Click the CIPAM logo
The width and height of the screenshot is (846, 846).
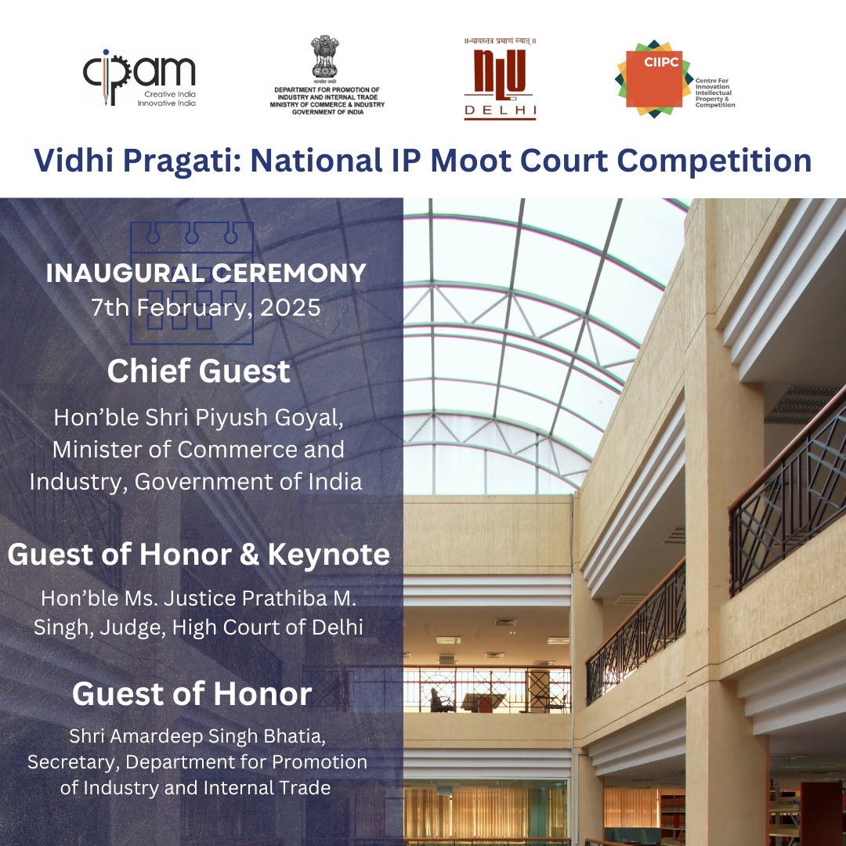(139, 77)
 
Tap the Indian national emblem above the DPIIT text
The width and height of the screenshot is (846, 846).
(325, 57)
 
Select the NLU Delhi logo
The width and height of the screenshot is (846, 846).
(500, 79)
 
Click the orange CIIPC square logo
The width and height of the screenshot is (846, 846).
(654, 78)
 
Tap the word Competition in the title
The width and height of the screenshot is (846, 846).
(714, 161)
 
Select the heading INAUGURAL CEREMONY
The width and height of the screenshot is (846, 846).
(206, 273)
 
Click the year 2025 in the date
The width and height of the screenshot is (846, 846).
(291, 308)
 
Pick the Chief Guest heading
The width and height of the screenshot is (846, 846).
(198, 371)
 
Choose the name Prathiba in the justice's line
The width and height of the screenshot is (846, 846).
(284, 598)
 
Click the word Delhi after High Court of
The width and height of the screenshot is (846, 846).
(337, 627)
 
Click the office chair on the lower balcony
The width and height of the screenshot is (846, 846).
(442, 700)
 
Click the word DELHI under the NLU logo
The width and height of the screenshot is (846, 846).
(500, 110)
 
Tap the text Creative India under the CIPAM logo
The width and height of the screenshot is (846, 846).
(169, 94)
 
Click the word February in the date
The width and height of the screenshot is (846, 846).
(195, 308)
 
